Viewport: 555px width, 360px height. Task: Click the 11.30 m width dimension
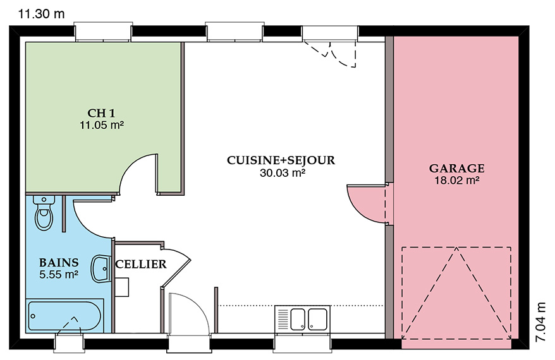[42, 14]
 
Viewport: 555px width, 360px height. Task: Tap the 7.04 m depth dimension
[541, 322]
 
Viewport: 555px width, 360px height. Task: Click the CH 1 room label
[101, 113]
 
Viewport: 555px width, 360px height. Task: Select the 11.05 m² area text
[102, 125]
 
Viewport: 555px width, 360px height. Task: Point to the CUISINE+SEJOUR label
[281, 160]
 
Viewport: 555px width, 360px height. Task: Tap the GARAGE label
[456, 169]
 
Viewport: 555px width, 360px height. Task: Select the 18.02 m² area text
[457, 181]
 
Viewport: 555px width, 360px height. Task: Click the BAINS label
[59, 262]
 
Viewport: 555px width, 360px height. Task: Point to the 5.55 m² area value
[59, 274]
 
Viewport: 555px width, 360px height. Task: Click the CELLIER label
[141, 264]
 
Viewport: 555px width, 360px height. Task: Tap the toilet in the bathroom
[44, 213]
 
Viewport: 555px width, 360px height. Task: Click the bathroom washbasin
[101, 269]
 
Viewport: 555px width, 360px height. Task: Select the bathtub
[65, 316]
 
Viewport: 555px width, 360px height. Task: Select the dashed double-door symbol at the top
[330, 54]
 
